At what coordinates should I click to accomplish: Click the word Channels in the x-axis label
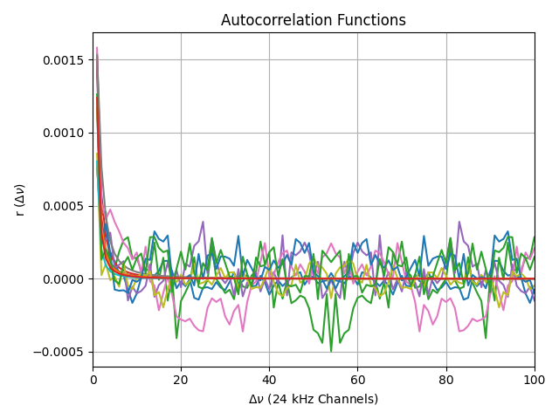(349, 399)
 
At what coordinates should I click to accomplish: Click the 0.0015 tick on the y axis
(63, 60)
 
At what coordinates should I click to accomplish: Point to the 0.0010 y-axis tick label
(63, 133)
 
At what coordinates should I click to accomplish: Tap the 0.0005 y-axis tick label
(63, 206)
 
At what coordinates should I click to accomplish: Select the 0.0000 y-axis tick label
(63, 279)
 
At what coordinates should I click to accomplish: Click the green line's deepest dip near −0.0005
(331, 351)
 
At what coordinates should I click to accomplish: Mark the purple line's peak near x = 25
(203, 222)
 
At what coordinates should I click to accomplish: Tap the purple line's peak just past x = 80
(459, 222)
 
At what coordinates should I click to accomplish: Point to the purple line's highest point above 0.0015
(97, 47)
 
